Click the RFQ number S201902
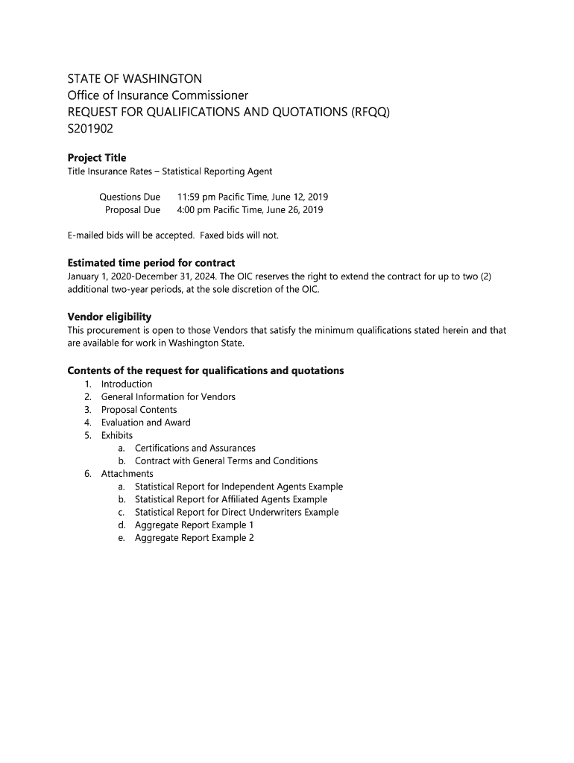91,129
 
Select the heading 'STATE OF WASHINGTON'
135,79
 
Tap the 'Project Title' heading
97,158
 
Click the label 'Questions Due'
130,197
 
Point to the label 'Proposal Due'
133,210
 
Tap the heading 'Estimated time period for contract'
151,263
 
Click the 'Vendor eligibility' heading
110,317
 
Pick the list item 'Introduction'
127,384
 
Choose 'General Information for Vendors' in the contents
168,397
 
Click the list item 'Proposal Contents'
139,410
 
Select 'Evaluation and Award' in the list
146,422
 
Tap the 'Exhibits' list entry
117,435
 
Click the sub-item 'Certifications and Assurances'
195,449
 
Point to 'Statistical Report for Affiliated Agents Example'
231,499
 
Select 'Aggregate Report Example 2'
195,538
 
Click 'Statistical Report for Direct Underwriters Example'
237,513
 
